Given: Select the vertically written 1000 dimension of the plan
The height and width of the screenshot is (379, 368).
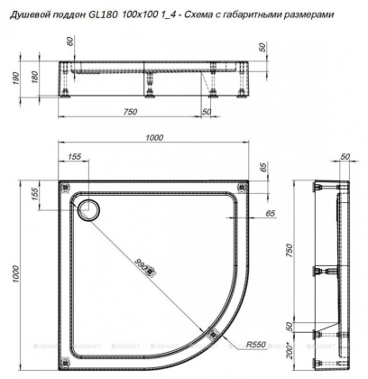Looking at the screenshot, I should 14,271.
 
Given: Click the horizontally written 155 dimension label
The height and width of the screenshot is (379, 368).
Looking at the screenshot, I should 74,157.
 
